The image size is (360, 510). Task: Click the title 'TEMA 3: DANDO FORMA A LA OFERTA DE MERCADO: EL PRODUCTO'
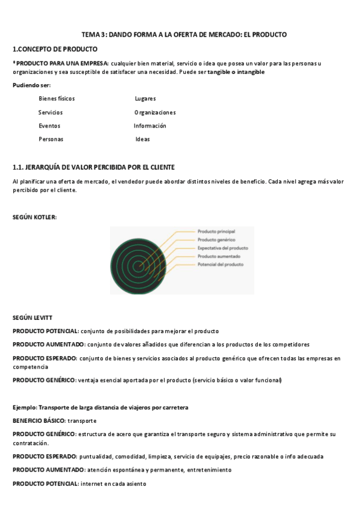(x=184, y=34)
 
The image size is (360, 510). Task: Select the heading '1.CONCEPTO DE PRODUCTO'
(x=55, y=49)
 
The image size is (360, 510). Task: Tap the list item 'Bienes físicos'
(x=56, y=98)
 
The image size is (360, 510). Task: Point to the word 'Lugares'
(x=145, y=98)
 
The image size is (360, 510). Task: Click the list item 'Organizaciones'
(x=155, y=112)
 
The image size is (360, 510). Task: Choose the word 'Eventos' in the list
(x=49, y=126)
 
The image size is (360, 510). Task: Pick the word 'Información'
(x=150, y=126)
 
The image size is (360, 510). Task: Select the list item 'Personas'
(x=51, y=139)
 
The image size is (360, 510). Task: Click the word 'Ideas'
(x=142, y=139)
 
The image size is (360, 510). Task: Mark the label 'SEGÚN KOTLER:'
(x=35, y=217)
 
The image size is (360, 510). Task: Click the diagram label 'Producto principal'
(x=216, y=231)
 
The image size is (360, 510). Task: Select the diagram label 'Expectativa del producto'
(x=223, y=248)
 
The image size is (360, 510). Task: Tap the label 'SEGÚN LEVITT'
(x=32, y=317)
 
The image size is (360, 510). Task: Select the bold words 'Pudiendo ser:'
(x=32, y=85)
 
